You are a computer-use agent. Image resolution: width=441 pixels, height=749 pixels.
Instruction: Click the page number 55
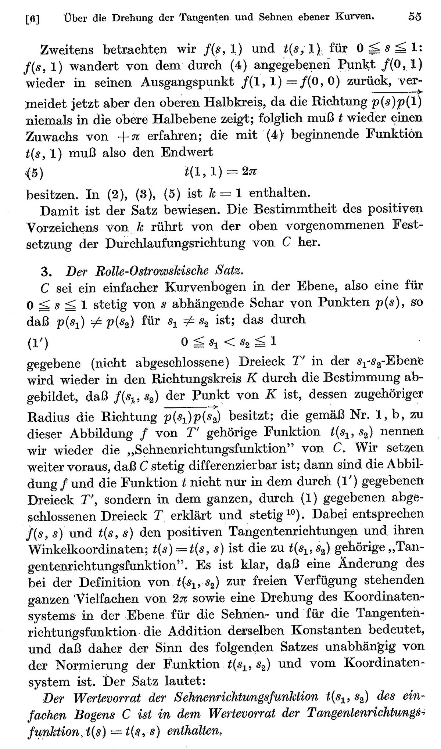point(415,17)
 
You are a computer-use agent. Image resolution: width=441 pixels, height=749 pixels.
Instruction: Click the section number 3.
point(45,271)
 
